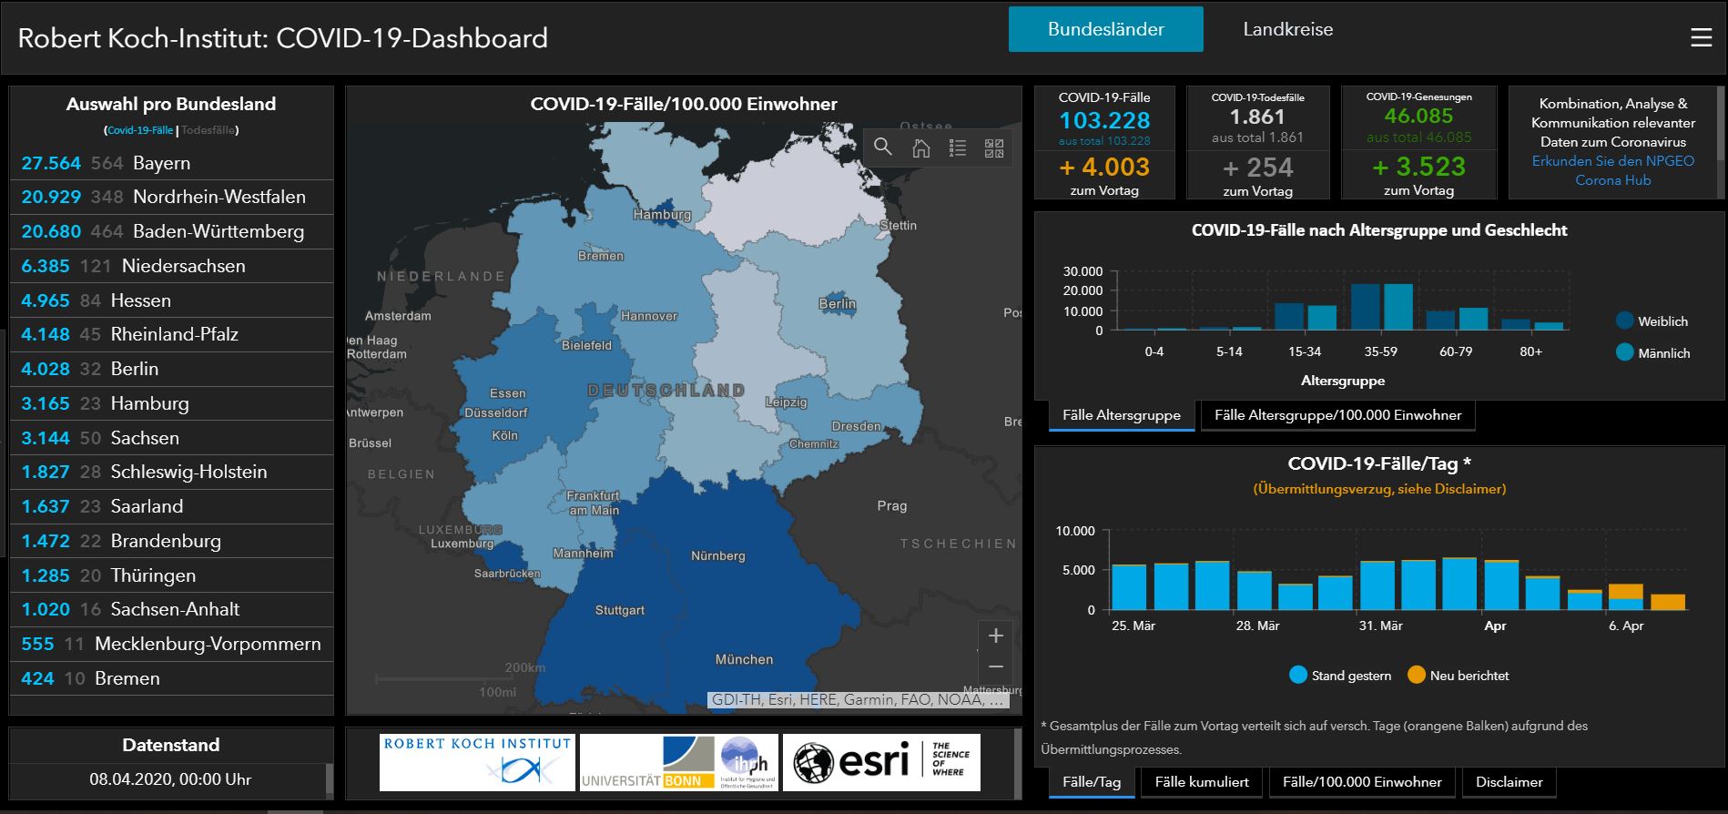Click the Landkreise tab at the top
point(1287,29)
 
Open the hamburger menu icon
point(1701,38)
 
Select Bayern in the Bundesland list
point(161,163)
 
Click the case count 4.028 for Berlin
point(46,369)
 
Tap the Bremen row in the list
point(127,678)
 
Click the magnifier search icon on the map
point(882,148)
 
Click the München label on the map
point(744,659)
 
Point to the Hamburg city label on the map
point(662,215)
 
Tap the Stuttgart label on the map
point(619,610)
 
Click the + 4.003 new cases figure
point(1104,168)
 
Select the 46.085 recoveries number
point(1418,117)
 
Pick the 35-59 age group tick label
point(1380,351)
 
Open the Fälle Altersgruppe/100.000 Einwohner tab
point(1337,415)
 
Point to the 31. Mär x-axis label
point(1380,626)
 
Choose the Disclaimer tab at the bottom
point(1509,782)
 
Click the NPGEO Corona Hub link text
point(1612,170)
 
